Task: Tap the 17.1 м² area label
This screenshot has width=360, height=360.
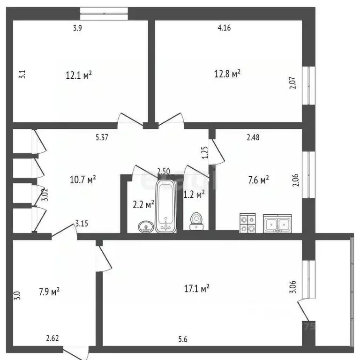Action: [x=197, y=290]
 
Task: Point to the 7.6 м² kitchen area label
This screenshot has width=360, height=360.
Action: [x=258, y=179]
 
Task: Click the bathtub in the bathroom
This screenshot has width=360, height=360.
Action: [x=165, y=206]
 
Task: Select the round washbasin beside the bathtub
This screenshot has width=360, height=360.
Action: [x=146, y=227]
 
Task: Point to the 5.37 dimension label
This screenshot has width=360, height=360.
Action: [x=102, y=137]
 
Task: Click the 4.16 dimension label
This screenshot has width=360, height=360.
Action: [x=224, y=28]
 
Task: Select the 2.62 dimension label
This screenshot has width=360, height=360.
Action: [x=52, y=338]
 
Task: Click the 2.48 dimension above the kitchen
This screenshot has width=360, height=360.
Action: [x=253, y=137]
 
